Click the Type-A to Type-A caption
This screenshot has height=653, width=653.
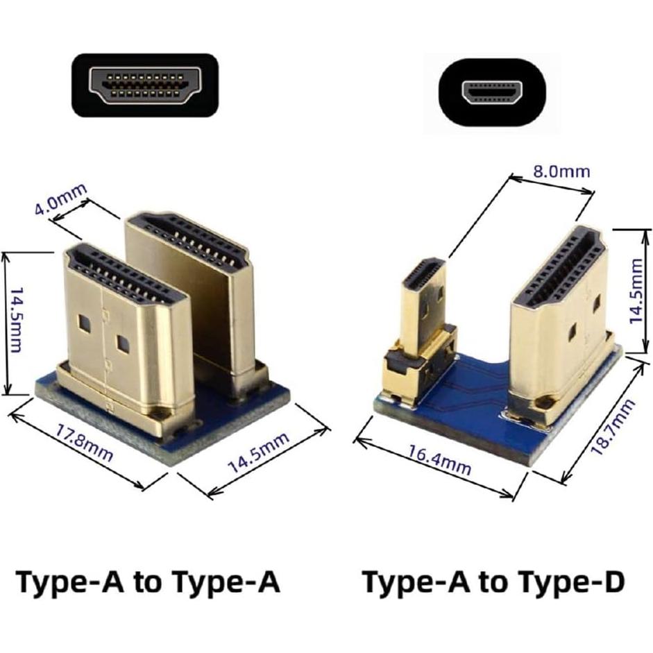click(148, 582)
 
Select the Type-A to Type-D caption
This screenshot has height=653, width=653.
click(493, 582)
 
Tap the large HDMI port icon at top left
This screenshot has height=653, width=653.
click(146, 85)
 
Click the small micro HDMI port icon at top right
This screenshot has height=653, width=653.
click(493, 92)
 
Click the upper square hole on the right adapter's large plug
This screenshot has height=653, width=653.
click(596, 304)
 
